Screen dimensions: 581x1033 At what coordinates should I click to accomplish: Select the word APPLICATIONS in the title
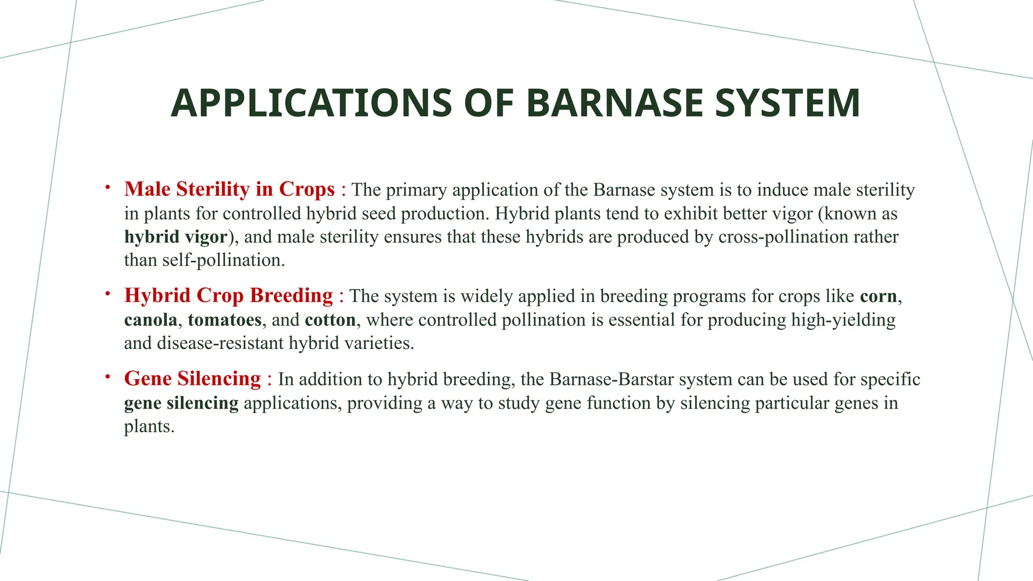(311, 103)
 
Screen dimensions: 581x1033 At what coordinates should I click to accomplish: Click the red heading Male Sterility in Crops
(229, 189)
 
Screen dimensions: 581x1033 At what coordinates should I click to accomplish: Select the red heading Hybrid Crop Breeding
(228, 296)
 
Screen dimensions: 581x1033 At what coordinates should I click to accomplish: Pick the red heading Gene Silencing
(193, 379)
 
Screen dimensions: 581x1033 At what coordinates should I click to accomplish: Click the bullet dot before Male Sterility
(107, 188)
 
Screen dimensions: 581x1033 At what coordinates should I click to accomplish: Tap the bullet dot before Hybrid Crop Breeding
(107, 294)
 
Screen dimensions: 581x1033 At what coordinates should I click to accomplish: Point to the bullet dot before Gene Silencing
(107, 377)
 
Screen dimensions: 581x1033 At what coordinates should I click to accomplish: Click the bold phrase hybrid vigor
(176, 237)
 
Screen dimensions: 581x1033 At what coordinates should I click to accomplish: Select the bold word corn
(878, 296)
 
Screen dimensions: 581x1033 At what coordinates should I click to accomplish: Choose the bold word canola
(151, 320)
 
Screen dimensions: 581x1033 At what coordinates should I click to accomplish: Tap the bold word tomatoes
(224, 320)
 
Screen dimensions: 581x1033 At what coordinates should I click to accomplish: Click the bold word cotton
(330, 320)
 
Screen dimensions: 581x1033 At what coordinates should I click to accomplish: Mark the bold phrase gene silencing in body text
(181, 403)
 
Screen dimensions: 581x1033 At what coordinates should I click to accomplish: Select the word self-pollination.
(223, 260)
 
